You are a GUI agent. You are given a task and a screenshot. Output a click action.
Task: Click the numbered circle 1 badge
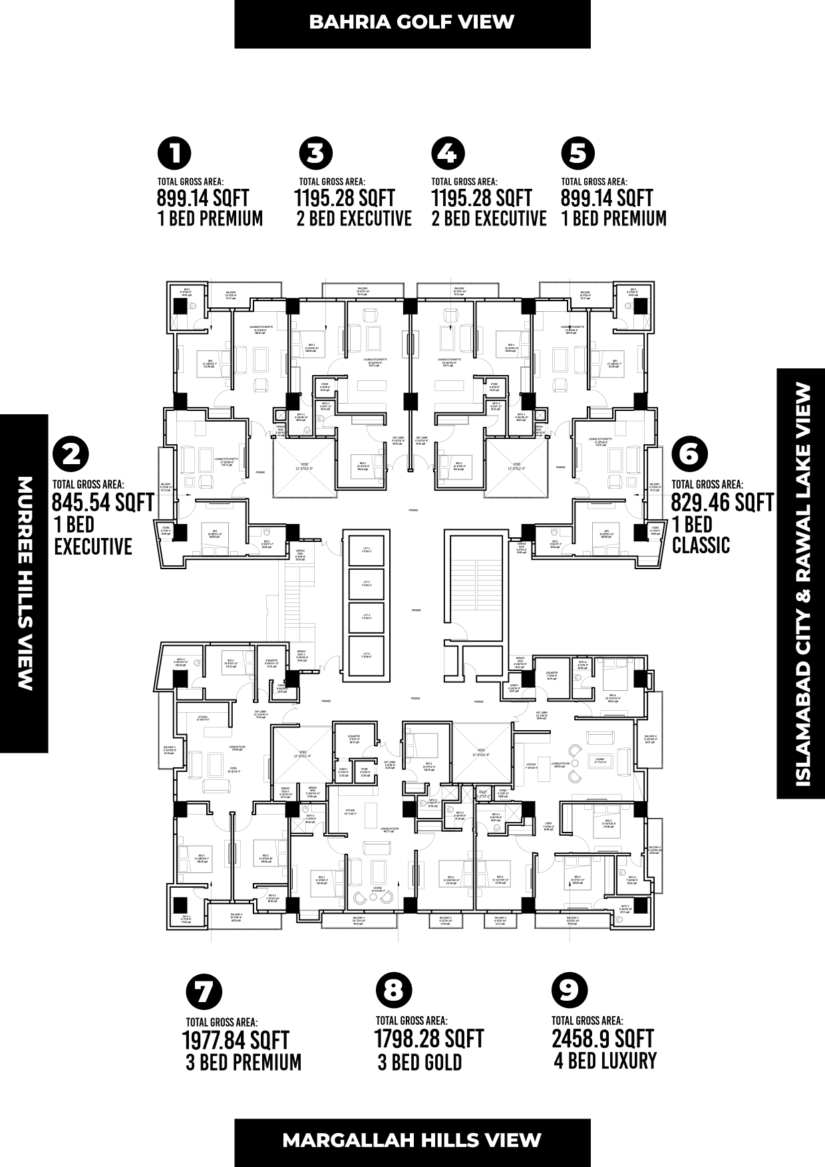174,154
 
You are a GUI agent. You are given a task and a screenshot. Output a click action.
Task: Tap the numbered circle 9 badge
569,990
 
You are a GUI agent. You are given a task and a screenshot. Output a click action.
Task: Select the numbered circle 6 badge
689,454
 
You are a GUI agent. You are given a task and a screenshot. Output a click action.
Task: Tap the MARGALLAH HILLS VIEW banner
412,1140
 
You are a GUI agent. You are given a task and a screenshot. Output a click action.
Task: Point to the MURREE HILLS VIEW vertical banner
24,583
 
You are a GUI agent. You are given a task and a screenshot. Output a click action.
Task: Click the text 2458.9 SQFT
602,1039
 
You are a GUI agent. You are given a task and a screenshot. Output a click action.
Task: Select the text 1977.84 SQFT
235,1040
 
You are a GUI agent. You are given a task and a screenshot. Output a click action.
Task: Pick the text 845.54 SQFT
102,503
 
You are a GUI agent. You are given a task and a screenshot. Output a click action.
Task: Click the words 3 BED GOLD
419,1063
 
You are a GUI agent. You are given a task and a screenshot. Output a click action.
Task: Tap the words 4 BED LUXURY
605,1061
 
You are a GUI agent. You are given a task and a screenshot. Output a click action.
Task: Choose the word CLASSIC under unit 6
701,546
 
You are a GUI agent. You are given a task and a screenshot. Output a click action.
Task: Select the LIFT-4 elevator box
366,655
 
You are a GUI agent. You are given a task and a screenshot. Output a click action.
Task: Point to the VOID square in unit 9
482,754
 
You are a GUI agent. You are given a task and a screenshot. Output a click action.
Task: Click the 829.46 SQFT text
722,503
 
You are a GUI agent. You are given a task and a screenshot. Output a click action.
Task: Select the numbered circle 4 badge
448,154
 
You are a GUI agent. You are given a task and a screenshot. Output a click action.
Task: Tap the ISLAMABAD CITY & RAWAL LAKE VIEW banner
800,583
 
